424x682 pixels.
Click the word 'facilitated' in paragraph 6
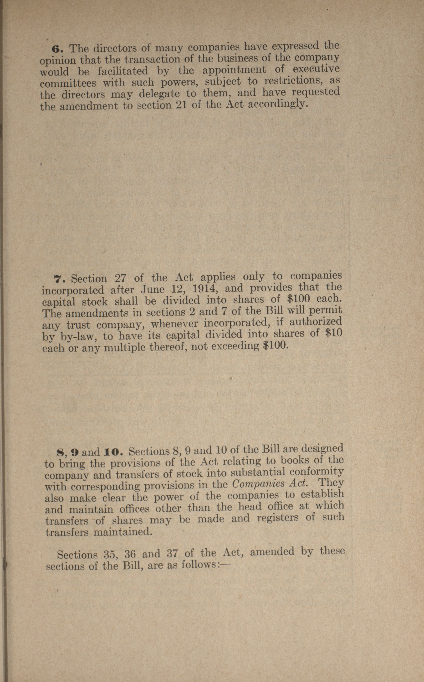point(123,71)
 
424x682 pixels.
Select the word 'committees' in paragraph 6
point(68,83)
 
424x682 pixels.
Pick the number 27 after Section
point(121,278)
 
